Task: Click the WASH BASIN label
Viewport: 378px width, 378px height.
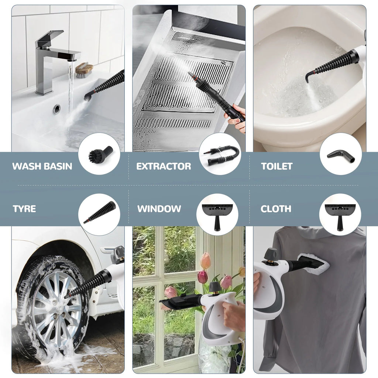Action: pyautogui.click(x=42, y=166)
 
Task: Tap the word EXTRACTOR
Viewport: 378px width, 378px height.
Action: pyautogui.click(x=164, y=166)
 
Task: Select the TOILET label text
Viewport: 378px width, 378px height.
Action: pyautogui.click(x=276, y=166)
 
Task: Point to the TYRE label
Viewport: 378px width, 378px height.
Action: pyautogui.click(x=24, y=209)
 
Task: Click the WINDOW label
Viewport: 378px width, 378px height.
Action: pyautogui.click(x=159, y=209)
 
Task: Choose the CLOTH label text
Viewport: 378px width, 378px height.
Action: pyautogui.click(x=276, y=209)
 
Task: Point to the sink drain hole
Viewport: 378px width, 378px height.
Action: pyautogui.click(x=56, y=109)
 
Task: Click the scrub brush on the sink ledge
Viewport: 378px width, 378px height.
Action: pyautogui.click(x=85, y=69)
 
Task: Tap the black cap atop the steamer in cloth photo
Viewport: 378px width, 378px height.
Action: pyautogui.click(x=271, y=254)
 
